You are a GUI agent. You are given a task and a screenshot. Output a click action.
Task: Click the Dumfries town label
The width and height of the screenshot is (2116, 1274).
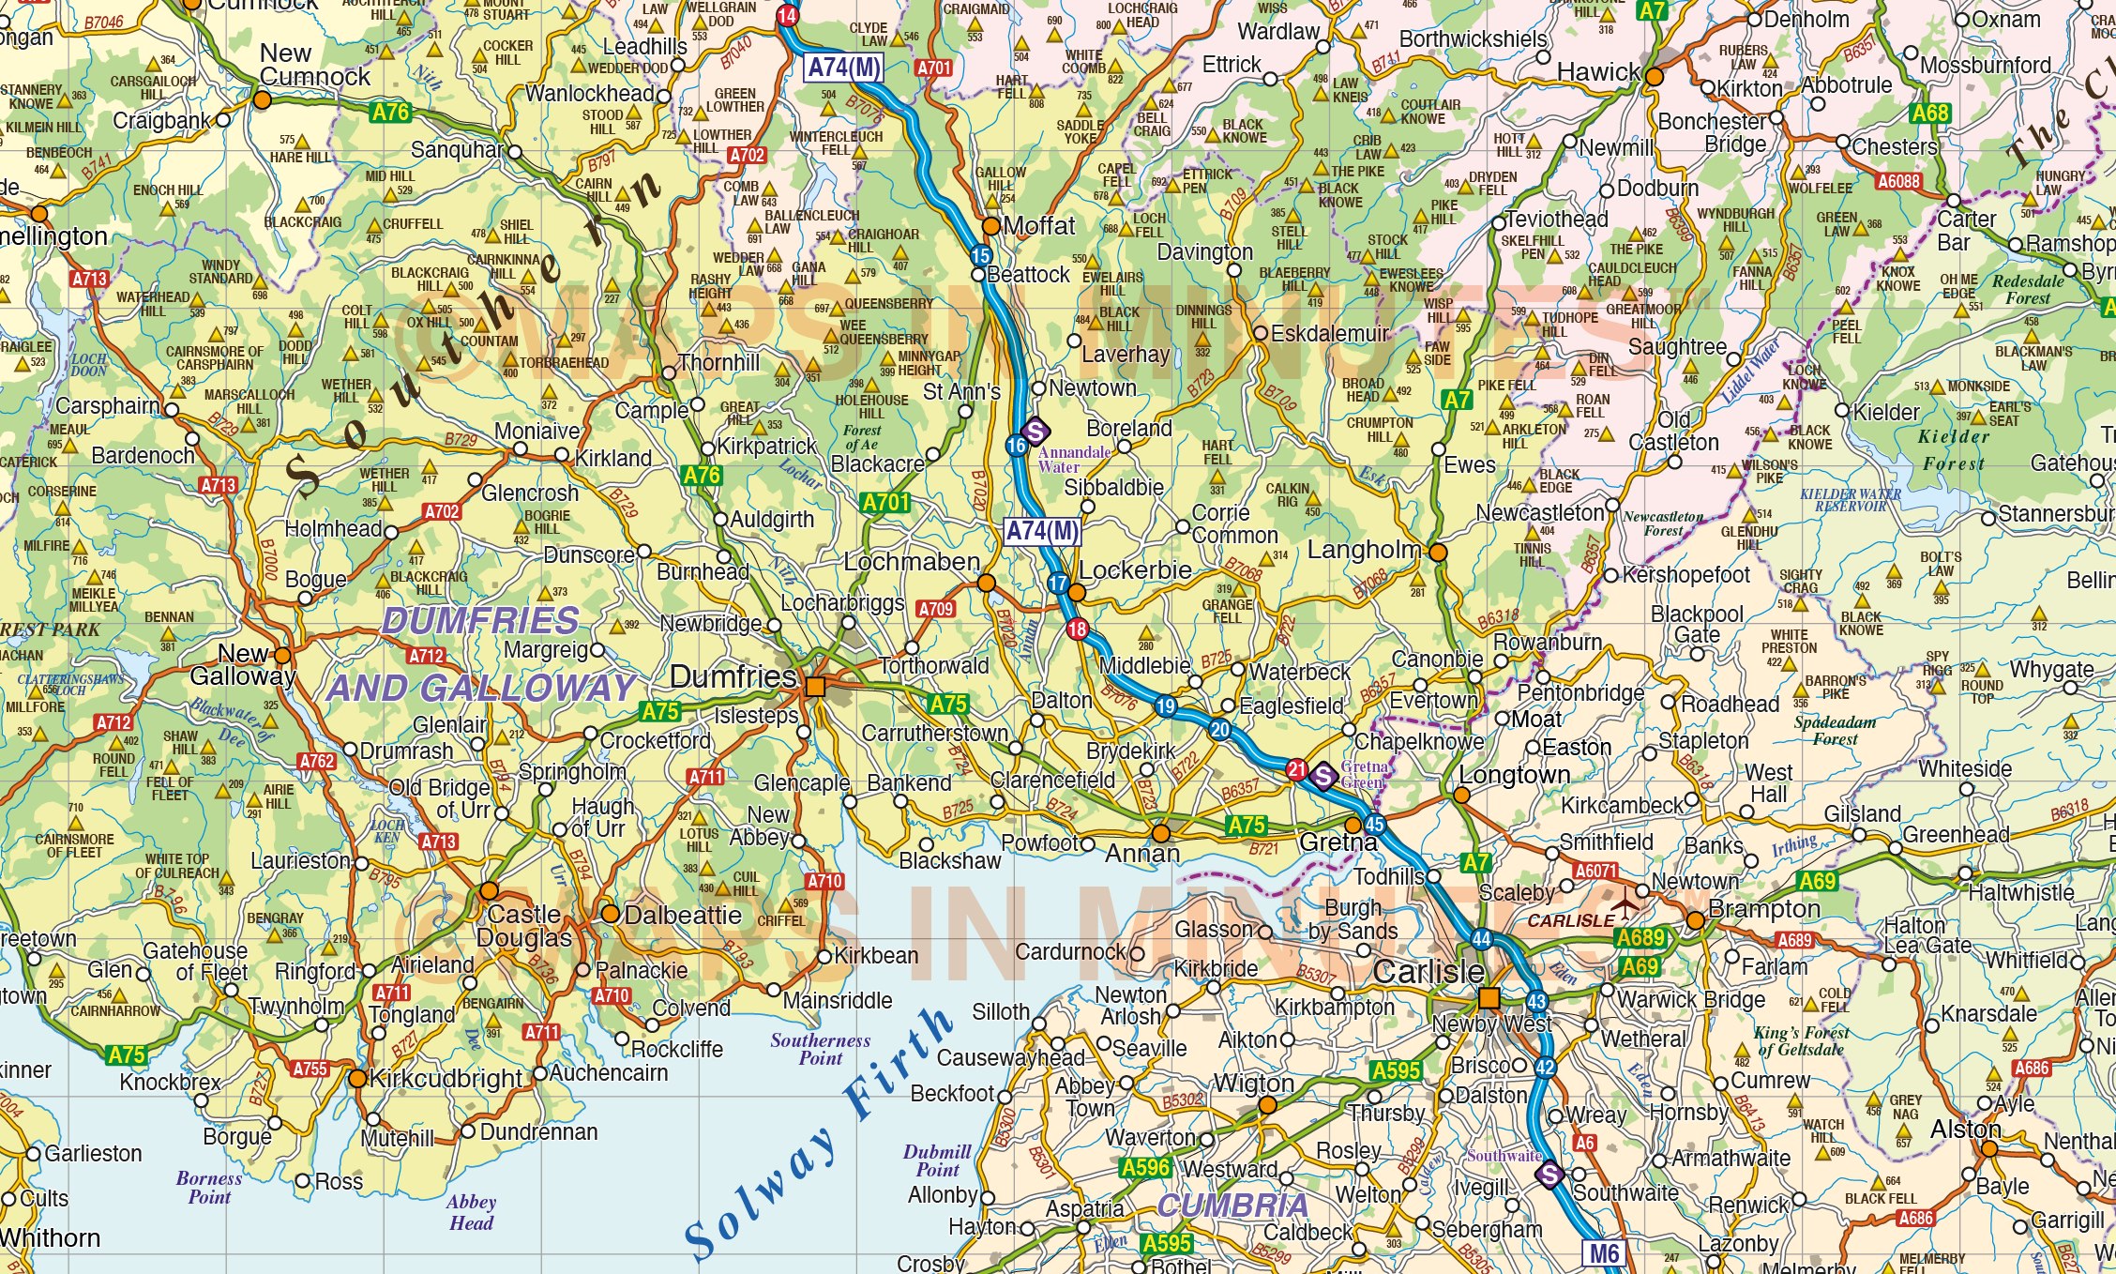pos(733,676)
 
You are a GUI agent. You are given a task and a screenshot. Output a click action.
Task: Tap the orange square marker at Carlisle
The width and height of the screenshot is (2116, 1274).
pos(1489,996)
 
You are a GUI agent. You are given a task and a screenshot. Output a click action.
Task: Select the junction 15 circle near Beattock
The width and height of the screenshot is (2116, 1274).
pos(980,255)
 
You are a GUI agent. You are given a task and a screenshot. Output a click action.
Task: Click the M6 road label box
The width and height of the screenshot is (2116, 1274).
pos(1604,1253)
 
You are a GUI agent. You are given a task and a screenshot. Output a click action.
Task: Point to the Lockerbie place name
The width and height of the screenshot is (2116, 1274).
pos(1135,570)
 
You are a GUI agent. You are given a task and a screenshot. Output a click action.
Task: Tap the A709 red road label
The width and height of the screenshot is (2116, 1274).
pos(935,609)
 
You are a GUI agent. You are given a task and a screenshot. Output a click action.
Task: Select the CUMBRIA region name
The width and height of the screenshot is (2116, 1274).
pos(1232,1206)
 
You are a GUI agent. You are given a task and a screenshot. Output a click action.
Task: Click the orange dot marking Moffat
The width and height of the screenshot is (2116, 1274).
pos(990,226)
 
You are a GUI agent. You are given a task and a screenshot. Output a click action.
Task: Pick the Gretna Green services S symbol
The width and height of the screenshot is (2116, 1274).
pos(1322,776)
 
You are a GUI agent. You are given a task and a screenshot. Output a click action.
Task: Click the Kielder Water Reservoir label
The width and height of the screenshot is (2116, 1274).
pos(1850,499)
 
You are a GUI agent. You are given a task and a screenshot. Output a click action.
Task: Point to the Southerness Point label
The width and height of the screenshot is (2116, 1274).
pos(820,1049)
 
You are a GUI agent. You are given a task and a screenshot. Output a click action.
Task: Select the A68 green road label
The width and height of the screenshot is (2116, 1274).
pos(1930,114)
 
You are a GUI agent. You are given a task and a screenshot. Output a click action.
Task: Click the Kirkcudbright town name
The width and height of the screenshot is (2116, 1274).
pos(446,1079)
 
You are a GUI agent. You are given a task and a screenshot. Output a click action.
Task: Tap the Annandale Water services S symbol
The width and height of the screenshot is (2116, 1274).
pos(1035,432)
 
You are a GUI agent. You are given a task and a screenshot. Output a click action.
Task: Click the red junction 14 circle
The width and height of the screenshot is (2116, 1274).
pos(787,16)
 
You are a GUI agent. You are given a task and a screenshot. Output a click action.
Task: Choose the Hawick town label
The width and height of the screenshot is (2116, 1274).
pos(1598,72)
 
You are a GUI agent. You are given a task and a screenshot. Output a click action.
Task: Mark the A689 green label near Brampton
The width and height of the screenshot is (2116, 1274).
pos(1640,937)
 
